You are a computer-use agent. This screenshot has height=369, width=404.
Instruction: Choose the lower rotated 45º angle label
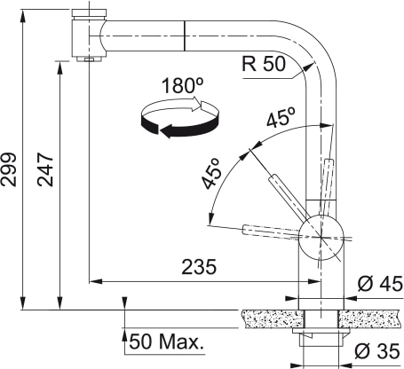[x=213, y=174]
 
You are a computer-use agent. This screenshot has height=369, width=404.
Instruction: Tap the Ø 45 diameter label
[x=379, y=284]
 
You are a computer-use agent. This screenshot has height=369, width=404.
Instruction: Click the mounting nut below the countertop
[x=320, y=336]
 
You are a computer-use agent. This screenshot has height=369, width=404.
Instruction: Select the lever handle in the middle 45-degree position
[x=286, y=194]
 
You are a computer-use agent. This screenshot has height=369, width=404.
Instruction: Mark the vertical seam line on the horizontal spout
[x=184, y=37]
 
